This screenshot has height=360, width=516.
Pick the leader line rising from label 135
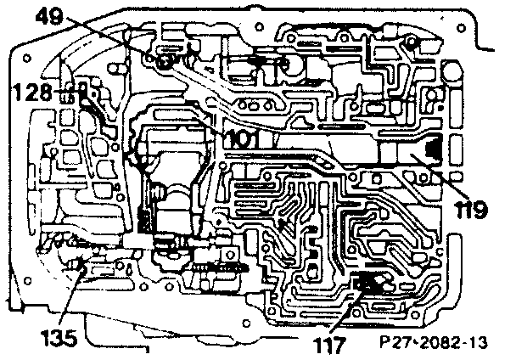pos(70,297)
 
